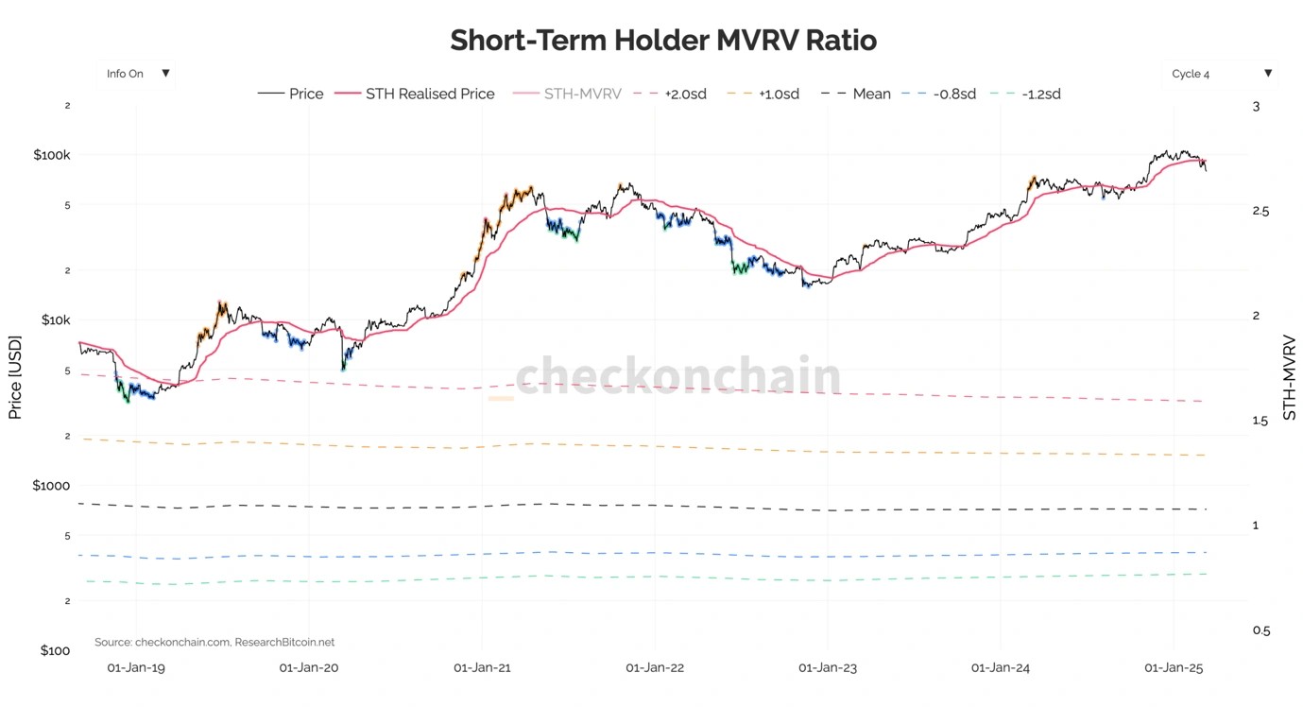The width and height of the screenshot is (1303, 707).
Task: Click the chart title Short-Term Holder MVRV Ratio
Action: [x=663, y=41]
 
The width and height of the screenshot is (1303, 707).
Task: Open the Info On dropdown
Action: [x=136, y=74]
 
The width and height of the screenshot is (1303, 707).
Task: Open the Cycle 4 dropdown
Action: [x=1220, y=74]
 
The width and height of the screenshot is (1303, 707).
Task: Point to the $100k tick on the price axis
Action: [x=51, y=155]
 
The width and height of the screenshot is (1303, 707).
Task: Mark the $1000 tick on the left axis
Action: [x=52, y=486]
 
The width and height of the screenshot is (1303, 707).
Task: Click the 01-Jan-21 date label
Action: [x=482, y=667]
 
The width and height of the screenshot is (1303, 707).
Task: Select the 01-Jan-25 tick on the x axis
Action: [x=1173, y=667]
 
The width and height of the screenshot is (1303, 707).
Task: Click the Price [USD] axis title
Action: [x=15, y=377]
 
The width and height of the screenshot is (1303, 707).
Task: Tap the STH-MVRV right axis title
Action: [x=1289, y=376]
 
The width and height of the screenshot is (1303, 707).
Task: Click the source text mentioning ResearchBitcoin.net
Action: [x=214, y=643]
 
